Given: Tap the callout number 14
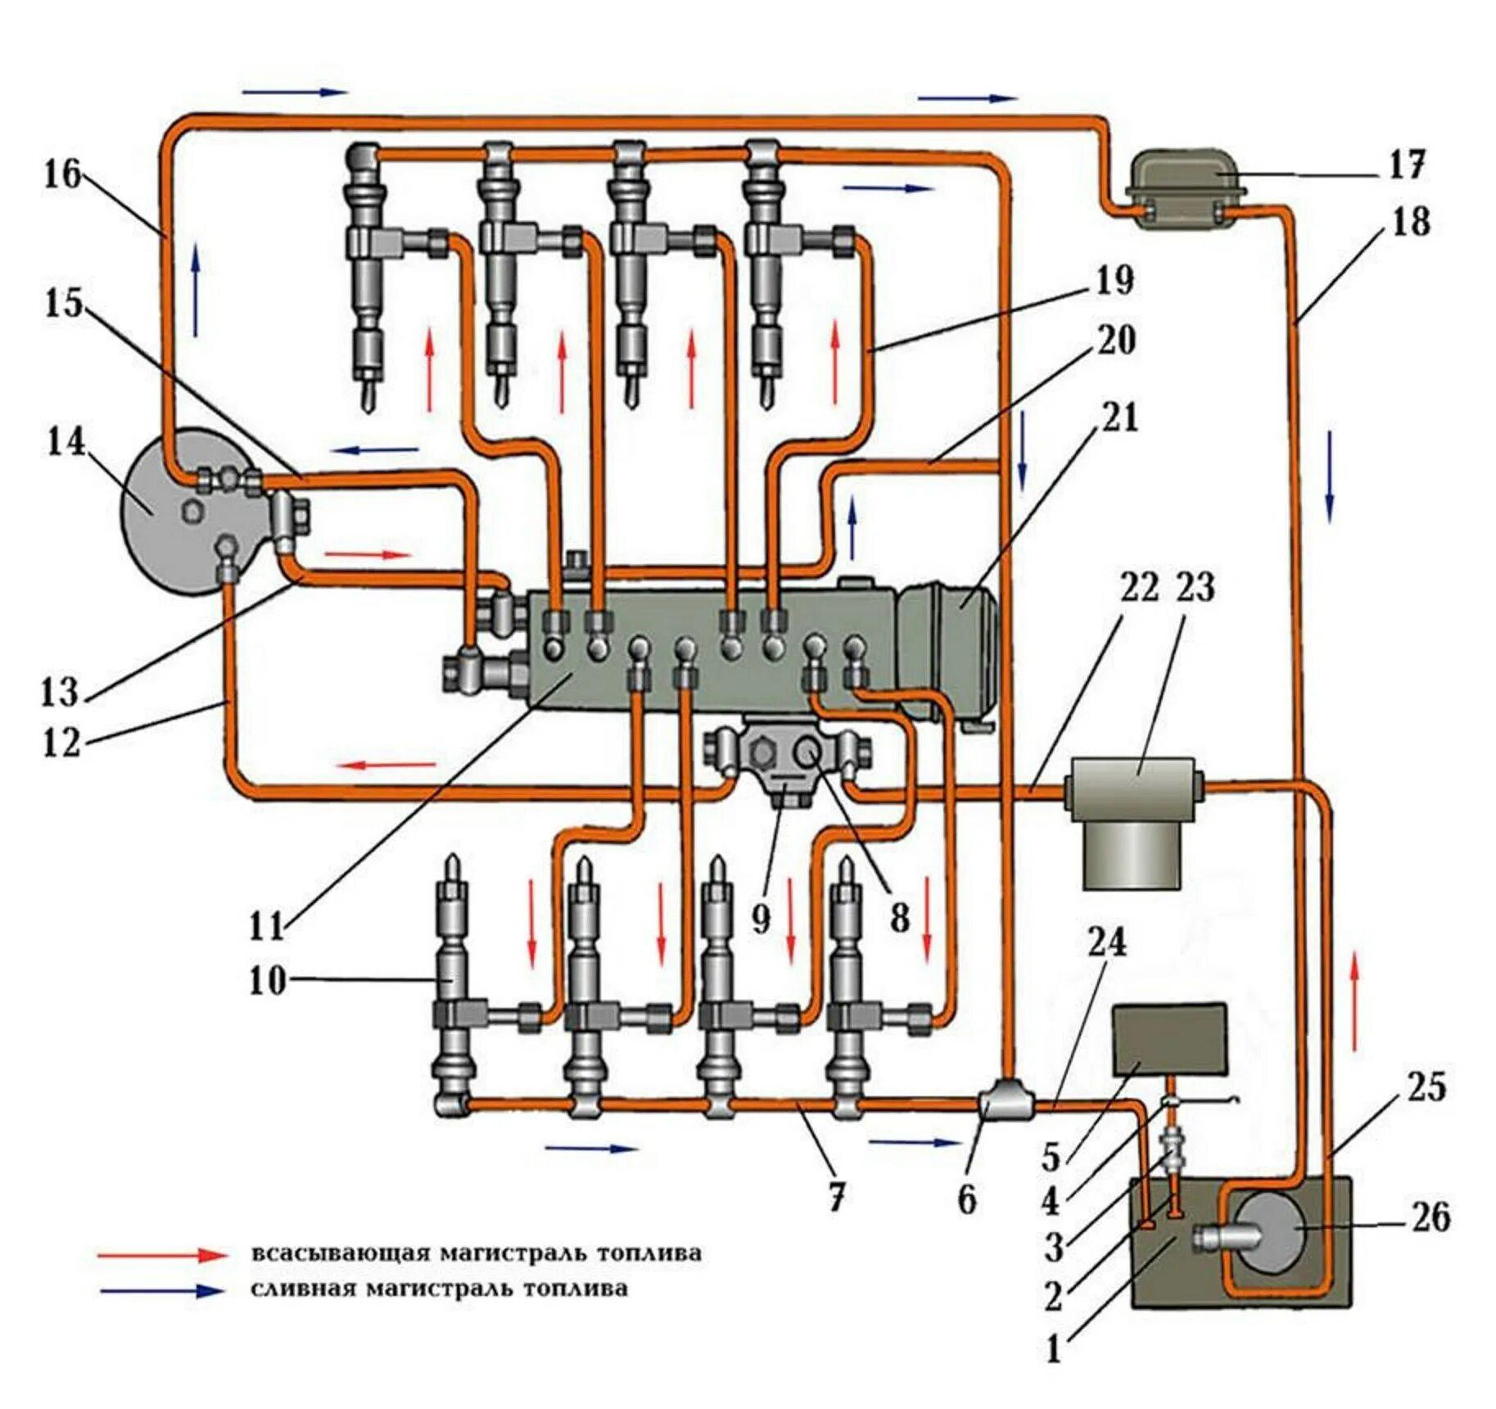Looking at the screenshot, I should pos(66,442).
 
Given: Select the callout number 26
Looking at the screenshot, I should pos(1430,1217).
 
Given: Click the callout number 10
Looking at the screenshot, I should pos(268,980).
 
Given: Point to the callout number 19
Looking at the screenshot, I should pos(1114,280).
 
